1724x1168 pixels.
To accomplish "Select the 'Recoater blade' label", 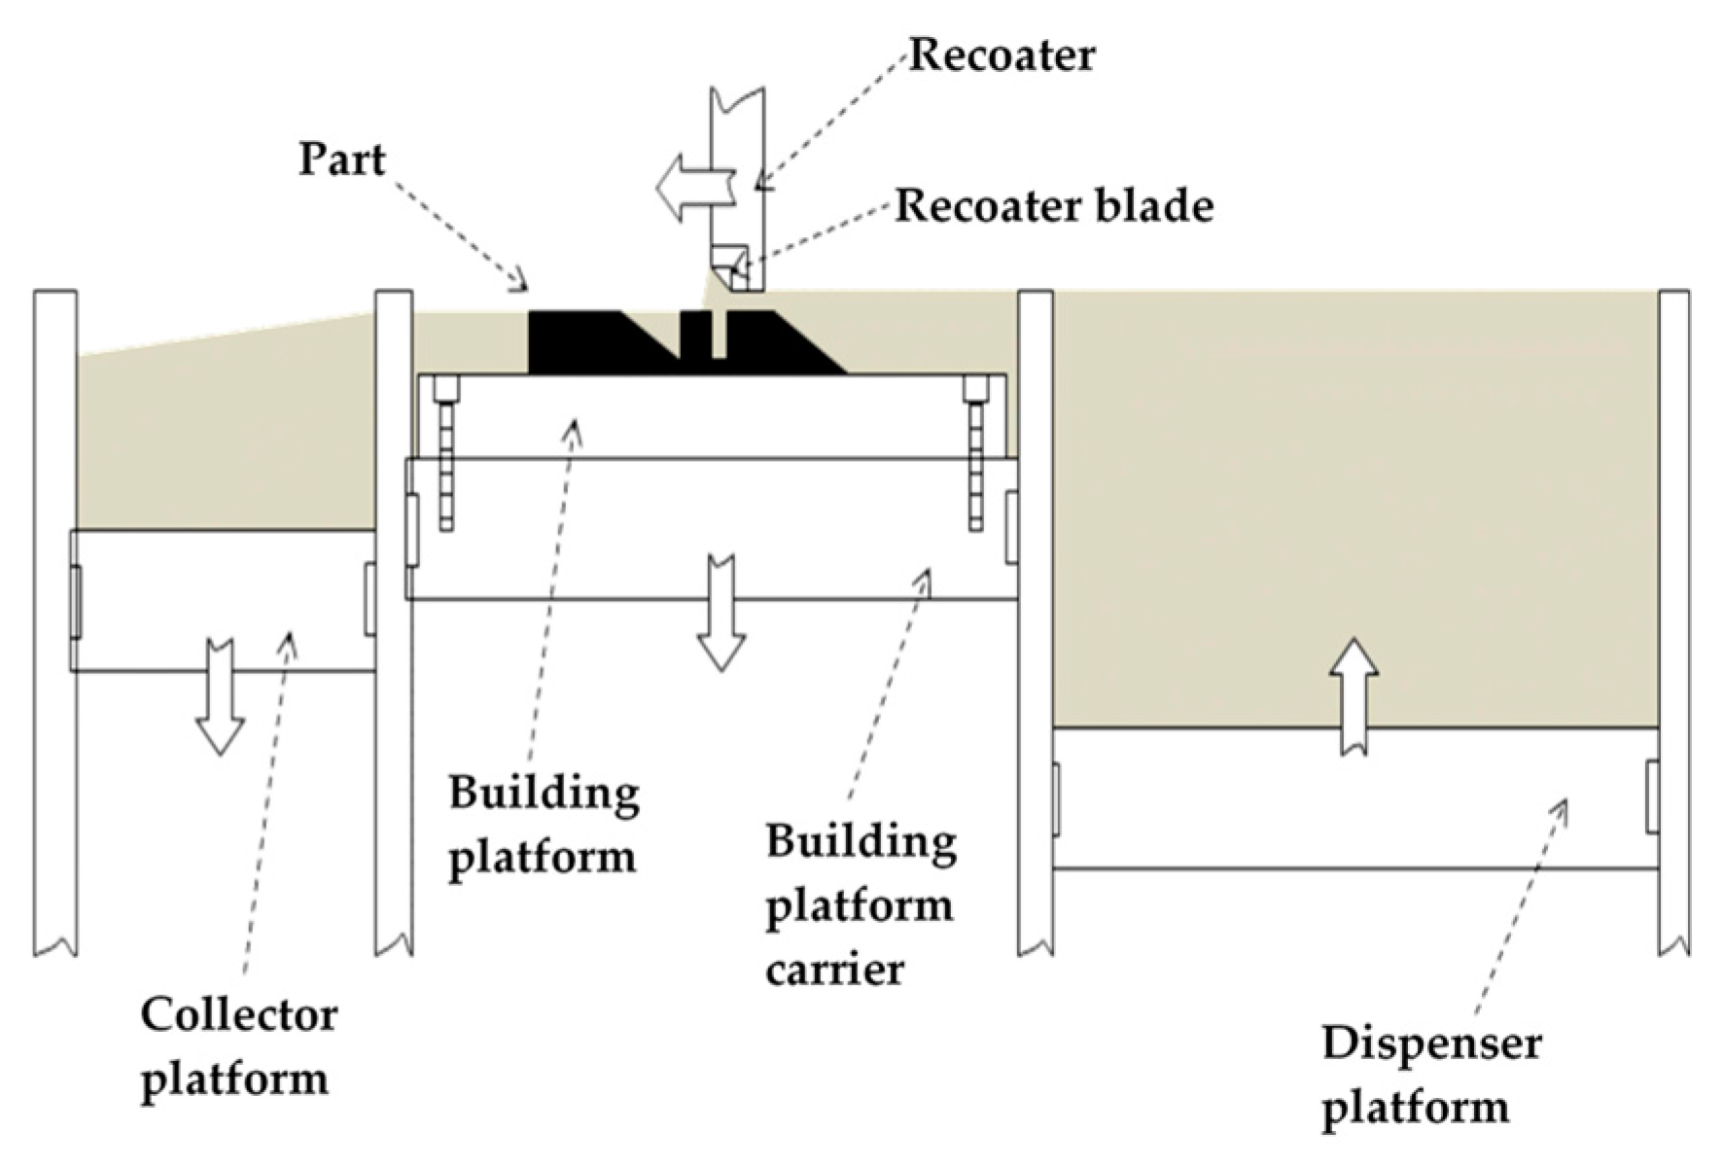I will coord(1054,206).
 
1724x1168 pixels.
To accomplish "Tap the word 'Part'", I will coord(341,159).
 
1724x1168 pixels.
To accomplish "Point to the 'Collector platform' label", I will coord(237,1046).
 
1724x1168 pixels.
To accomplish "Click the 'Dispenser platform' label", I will coord(1429,1075).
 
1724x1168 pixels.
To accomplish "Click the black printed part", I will coord(583,342).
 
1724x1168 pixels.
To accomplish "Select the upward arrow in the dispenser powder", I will coord(1354,694).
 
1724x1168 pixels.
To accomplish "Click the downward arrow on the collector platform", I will coord(220,696).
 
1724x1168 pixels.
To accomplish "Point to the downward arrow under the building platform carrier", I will coord(721,613).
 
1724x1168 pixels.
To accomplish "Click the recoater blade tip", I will coord(731,267).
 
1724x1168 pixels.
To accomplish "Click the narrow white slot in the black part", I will coord(719,336).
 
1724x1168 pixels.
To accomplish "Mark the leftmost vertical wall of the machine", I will coord(55,622).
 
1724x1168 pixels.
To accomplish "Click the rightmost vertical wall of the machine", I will coord(1673,622).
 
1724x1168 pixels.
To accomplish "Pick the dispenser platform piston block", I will coord(1355,797).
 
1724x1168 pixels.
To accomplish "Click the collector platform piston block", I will coord(222,600).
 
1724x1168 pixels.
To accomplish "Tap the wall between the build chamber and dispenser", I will coord(1035,622).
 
